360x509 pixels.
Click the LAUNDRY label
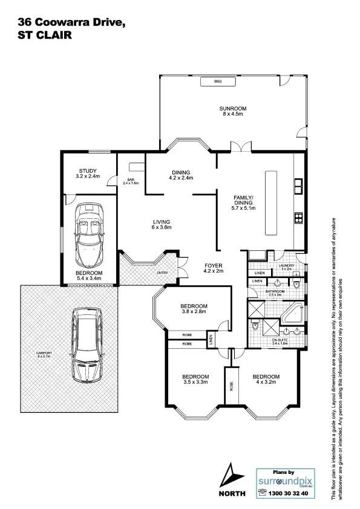pyautogui.click(x=286, y=266)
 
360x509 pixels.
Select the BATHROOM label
pyautogui.click(x=275, y=291)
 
